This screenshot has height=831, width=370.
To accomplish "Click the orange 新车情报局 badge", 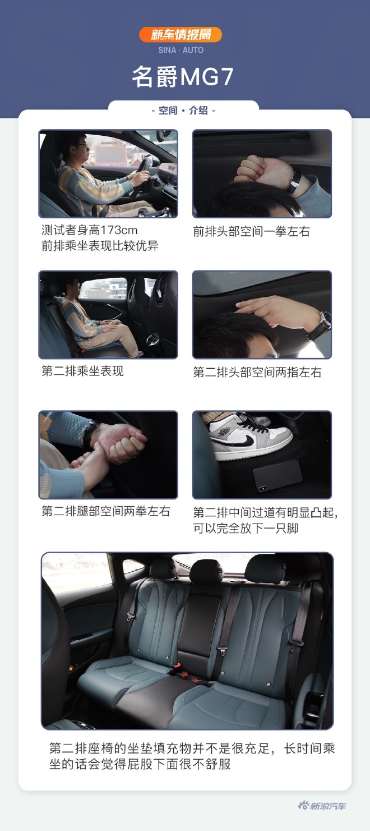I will pyautogui.click(x=181, y=35).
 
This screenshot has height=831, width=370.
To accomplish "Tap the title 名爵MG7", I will pyautogui.click(x=183, y=77).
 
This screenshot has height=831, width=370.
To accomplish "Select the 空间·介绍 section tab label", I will pyautogui.click(x=183, y=111).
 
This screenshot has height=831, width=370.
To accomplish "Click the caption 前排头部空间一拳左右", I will pyautogui.click(x=251, y=232).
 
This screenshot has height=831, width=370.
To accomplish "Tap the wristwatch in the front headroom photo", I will pyautogui.click(x=295, y=181).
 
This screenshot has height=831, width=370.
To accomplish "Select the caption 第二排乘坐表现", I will pyautogui.click(x=82, y=371).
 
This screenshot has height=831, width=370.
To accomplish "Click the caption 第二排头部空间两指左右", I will pyautogui.click(x=257, y=373).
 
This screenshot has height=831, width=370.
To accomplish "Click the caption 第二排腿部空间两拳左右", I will pyautogui.click(x=105, y=512).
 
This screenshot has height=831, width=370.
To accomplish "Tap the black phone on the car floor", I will pyautogui.click(x=278, y=475).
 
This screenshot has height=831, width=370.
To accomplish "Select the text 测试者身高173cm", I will pyautogui.click(x=89, y=231).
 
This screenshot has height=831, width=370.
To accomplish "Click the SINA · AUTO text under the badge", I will pyautogui.click(x=181, y=50).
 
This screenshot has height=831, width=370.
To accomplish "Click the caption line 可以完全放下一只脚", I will pyautogui.click(x=246, y=529).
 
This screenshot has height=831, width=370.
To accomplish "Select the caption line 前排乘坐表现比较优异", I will pyautogui.click(x=100, y=246).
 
